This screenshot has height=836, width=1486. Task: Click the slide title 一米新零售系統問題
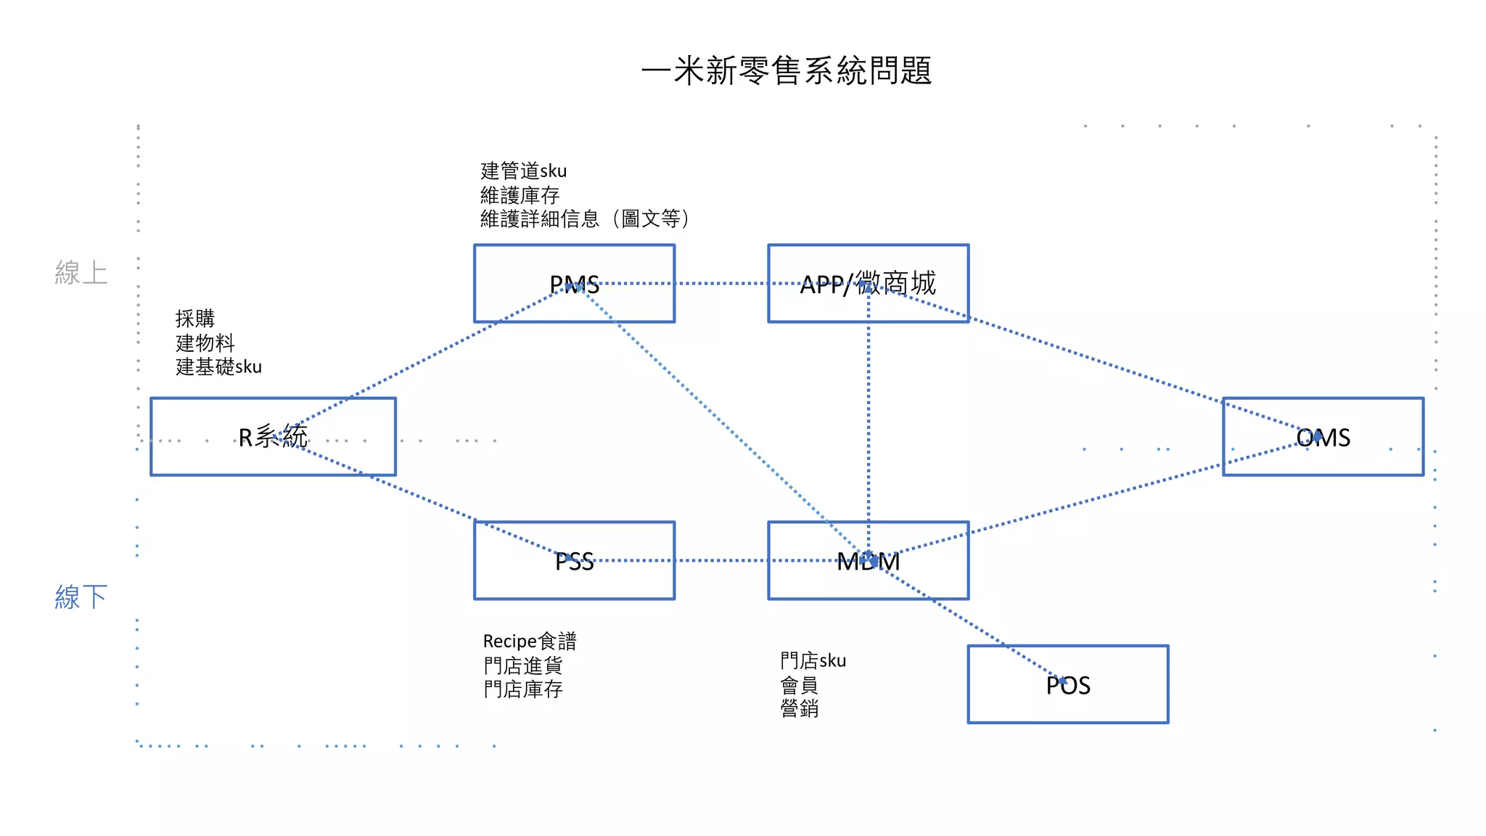(787, 71)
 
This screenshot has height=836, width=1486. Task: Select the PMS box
(522, 301)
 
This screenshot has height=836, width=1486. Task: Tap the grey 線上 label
(81, 273)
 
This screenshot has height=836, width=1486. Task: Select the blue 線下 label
(81, 597)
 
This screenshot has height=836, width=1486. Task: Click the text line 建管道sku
(523, 171)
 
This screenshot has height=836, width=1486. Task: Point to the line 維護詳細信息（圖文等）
(584, 218)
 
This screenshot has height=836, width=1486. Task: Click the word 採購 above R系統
(194, 319)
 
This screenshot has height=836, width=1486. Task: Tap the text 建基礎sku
(218, 366)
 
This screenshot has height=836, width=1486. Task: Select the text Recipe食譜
(530, 642)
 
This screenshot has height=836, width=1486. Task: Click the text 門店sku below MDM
(813, 661)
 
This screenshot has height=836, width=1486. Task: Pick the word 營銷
(799, 708)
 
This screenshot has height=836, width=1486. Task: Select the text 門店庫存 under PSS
(522, 689)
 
